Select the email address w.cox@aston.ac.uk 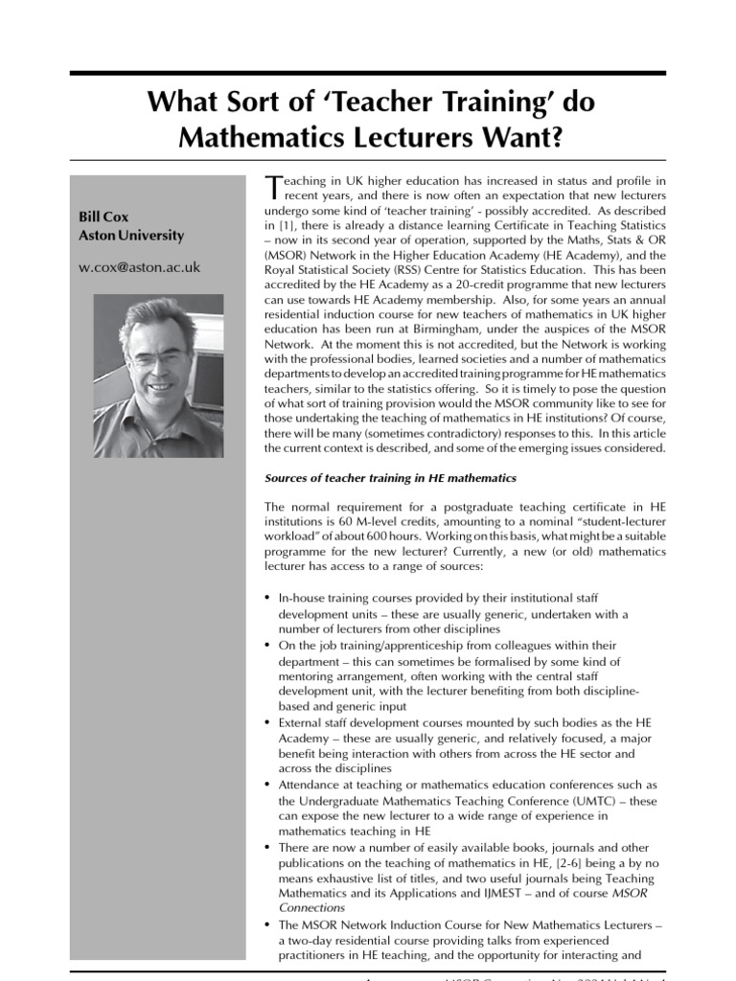pos(139,267)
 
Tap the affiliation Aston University pos(131,235)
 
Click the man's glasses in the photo pos(155,359)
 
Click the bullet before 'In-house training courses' pos(267,598)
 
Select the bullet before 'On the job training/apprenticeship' pos(267,646)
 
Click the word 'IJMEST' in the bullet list pos(494,893)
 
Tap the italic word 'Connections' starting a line pos(311,908)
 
